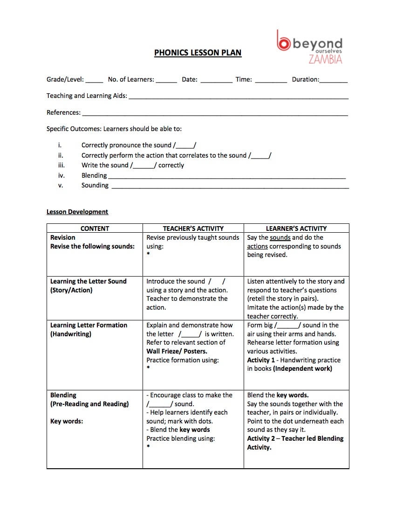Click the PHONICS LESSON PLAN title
coord(198,53)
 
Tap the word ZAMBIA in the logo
coord(325,59)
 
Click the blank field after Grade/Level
coord(95,80)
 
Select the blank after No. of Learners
coord(166,80)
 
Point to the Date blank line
coord(217,80)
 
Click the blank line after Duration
coord(334,80)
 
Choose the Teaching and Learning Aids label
coord(87,96)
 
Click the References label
coord(63,112)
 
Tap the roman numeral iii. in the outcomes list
coord(61,165)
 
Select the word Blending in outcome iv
coord(94,175)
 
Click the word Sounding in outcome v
coord(95,185)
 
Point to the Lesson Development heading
coord(77,212)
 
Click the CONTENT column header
coord(95,229)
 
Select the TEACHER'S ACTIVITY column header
coord(193,229)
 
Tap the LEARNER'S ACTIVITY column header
coord(296,229)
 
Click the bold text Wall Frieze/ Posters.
coord(177,351)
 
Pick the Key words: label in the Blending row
coord(67,421)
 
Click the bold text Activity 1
coord(261,360)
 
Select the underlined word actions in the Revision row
coord(257,246)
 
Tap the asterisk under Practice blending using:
coord(148,447)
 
